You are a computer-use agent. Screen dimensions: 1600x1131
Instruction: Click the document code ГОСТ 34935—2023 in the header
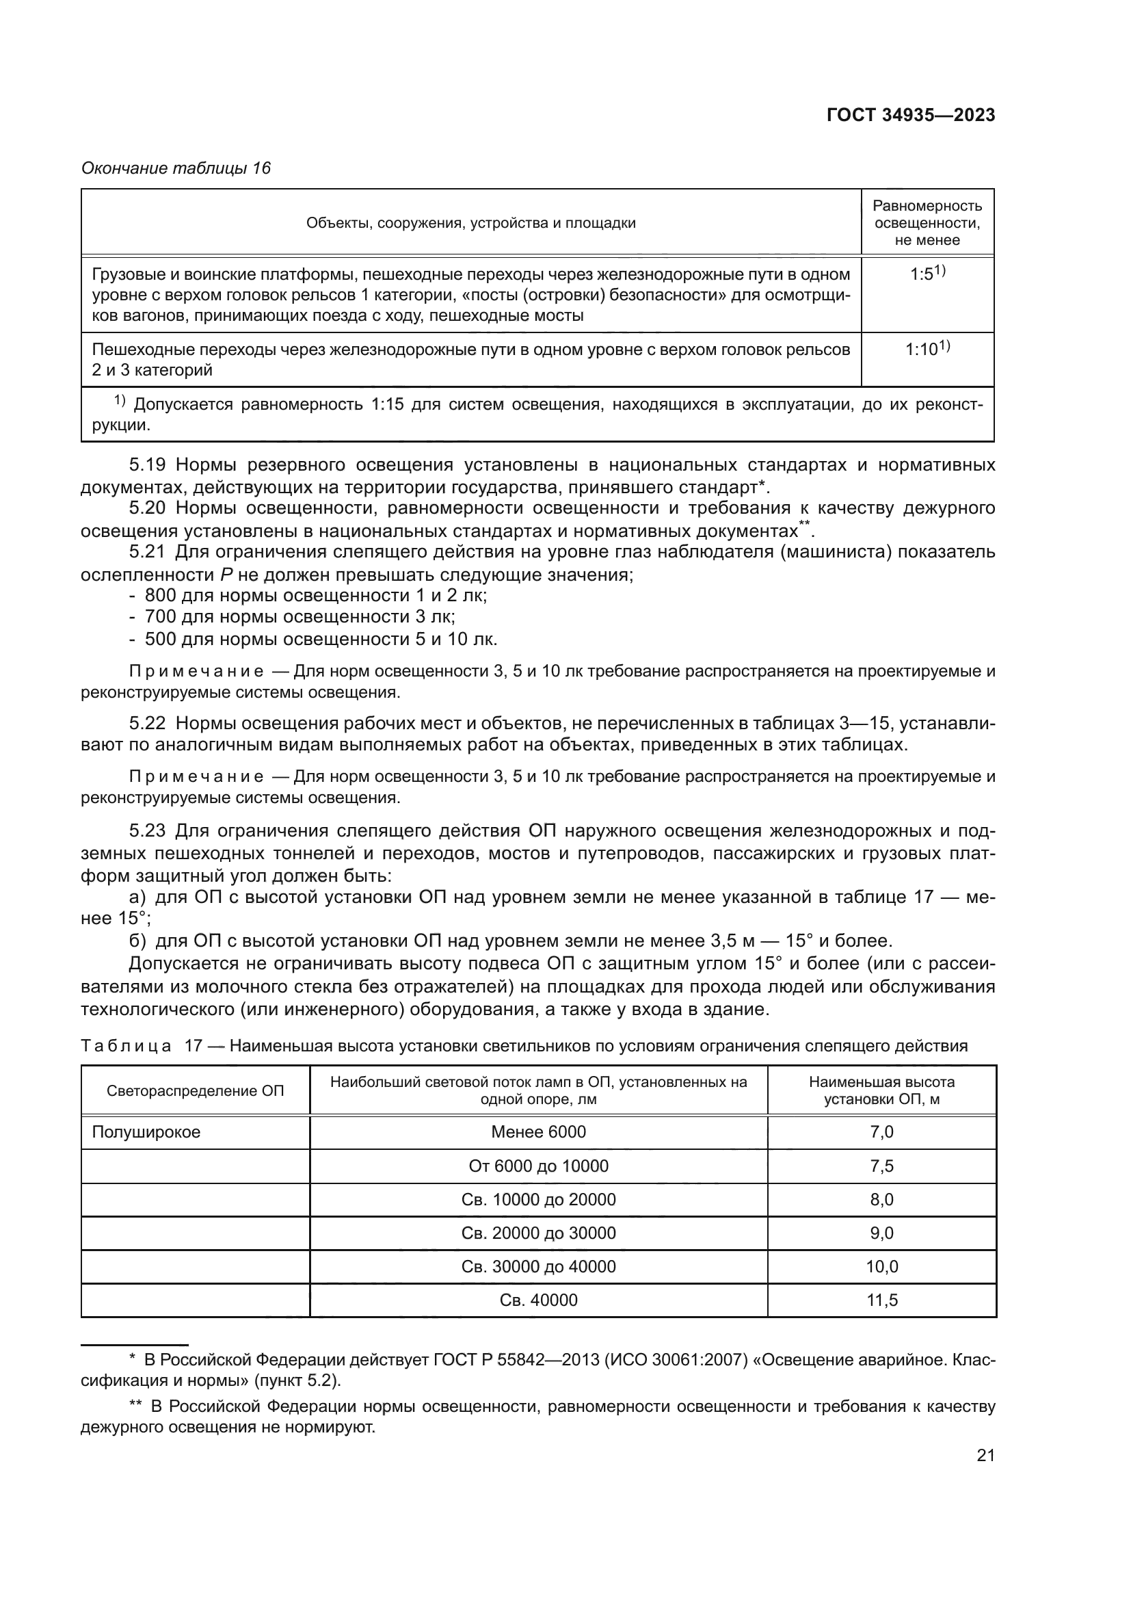[x=910, y=116]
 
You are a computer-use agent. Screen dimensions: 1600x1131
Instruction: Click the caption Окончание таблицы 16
[x=176, y=168]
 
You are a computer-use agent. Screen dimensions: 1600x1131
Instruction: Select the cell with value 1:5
[x=927, y=274]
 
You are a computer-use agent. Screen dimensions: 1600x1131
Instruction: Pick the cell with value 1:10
[x=927, y=349]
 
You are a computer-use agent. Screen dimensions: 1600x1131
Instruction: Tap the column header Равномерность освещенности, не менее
[x=927, y=222]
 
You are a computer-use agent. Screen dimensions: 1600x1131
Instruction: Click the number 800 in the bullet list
[x=160, y=596]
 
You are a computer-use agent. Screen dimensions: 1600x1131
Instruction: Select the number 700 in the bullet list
[x=160, y=617]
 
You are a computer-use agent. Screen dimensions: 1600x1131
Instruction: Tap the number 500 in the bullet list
[x=160, y=639]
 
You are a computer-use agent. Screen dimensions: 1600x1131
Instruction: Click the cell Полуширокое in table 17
[x=146, y=1131]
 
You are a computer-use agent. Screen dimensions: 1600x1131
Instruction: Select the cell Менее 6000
[x=538, y=1131]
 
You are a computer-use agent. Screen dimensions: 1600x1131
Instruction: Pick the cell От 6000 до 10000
[x=538, y=1166]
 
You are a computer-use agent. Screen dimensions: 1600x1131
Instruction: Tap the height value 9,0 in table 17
[x=881, y=1233]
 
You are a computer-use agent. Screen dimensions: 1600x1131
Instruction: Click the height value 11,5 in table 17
[x=881, y=1300]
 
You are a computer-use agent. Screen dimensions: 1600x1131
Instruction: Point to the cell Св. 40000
[x=538, y=1300]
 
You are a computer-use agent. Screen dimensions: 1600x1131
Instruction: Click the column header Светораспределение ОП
[x=195, y=1090]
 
